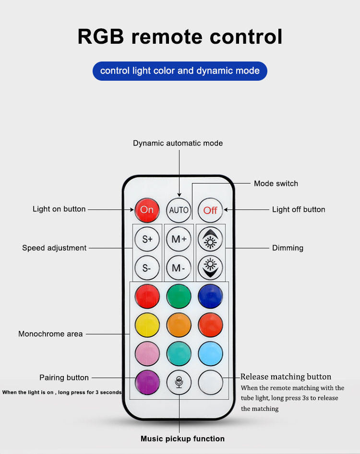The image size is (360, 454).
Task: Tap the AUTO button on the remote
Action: (x=179, y=210)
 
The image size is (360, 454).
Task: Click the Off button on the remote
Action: (x=210, y=210)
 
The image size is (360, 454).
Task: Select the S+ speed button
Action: (x=147, y=239)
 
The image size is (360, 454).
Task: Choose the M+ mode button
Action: (x=179, y=239)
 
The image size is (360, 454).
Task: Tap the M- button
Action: (x=179, y=268)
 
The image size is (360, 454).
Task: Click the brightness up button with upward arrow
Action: (x=210, y=239)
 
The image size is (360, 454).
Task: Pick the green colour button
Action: (x=179, y=296)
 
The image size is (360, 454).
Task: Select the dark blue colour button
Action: (x=210, y=296)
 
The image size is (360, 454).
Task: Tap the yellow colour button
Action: (x=147, y=325)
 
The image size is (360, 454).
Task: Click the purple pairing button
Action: (x=147, y=382)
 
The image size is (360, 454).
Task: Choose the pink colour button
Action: (x=147, y=354)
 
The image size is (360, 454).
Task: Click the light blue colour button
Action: (x=210, y=354)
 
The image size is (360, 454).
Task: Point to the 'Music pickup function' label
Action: (x=182, y=439)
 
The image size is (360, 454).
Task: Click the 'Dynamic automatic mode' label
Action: (x=178, y=143)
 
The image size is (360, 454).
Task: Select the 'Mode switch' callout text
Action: (x=276, y=184)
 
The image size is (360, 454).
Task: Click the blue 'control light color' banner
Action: (x=180, y=71)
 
